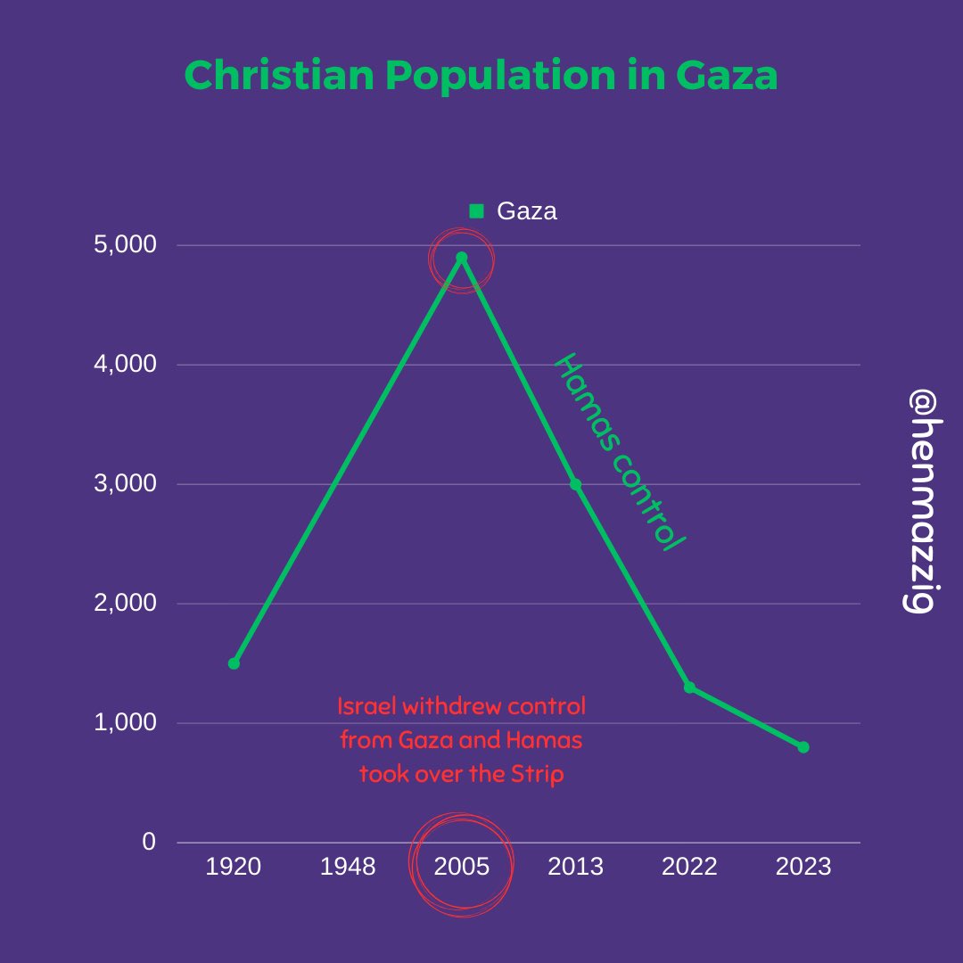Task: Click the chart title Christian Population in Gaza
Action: [x=481, y=77]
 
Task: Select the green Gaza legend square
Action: [x=476, y=211]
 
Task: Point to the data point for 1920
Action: [x=234, y=663]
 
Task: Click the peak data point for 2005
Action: [x=462, y=258]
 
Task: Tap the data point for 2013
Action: [x=576, y=484]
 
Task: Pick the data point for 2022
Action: [x=689, y=687]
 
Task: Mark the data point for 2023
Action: [x=803, y=747]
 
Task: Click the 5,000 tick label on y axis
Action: [x=125, y=244]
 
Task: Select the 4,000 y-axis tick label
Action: [x=125, y=364]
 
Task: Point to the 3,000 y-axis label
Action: [x=125, y=483]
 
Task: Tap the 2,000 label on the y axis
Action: [x=125, y=603]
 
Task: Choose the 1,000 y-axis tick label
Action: [x=125, y=722]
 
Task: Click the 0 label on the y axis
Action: [x=149, y=842]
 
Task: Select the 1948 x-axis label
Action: [x=348, y=867]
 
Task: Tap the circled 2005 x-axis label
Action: [x=462, y=867]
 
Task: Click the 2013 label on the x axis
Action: [x=576, y=867]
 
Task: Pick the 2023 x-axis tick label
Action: [x=803, y=867]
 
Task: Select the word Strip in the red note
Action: [x=539, y=774]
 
